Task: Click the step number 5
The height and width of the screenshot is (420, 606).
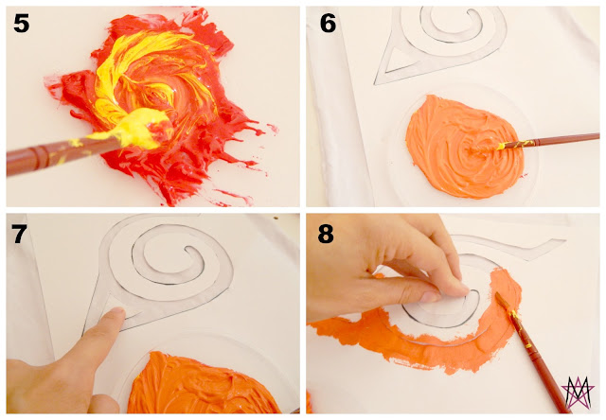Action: tap(21, 23)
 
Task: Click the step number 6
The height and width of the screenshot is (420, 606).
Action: tap(328, 23)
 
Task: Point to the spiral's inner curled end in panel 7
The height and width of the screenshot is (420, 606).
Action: tap(191, 250)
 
